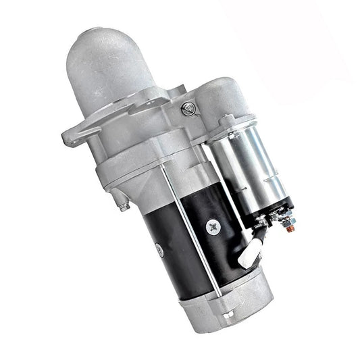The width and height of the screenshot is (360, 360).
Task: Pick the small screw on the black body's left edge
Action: click(159, 251)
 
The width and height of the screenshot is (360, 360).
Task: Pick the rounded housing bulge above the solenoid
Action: click(223, 95)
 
